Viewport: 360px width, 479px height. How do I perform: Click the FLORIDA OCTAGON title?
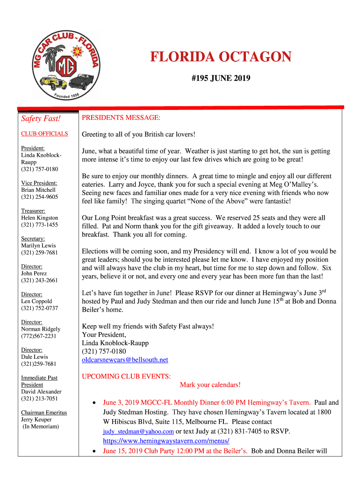[221, 57]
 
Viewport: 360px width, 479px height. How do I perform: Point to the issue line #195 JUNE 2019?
[221, 78]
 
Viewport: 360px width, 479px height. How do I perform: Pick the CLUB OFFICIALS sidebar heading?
[44, 134]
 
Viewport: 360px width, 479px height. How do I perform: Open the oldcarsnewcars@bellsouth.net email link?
[125, 360]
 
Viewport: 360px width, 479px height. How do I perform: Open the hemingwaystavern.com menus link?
[166, 441]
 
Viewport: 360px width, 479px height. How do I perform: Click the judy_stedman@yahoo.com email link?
[138, 431]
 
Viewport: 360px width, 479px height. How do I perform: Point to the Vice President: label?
[39, 183]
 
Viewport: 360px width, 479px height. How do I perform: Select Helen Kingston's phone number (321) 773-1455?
[40, 225]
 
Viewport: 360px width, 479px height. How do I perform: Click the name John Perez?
[34, 273]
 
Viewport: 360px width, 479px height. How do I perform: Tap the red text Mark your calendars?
[210, 385]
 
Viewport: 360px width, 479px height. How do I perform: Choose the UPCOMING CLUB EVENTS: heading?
[126, 376]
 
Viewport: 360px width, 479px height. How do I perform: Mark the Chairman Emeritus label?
[44, 413]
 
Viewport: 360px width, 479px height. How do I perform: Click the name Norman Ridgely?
[41, 329]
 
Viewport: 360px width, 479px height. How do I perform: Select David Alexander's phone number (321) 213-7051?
[40, 399]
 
